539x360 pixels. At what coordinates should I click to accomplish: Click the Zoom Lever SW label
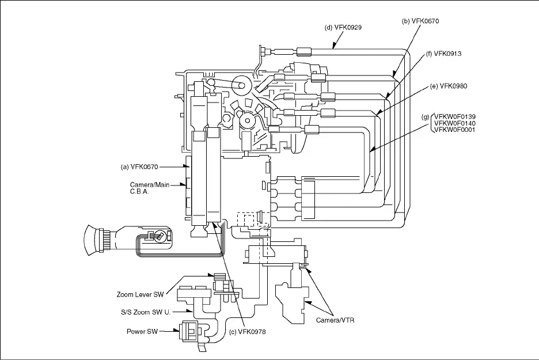point(139,294)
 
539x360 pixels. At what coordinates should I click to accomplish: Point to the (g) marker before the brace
point(426,117)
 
